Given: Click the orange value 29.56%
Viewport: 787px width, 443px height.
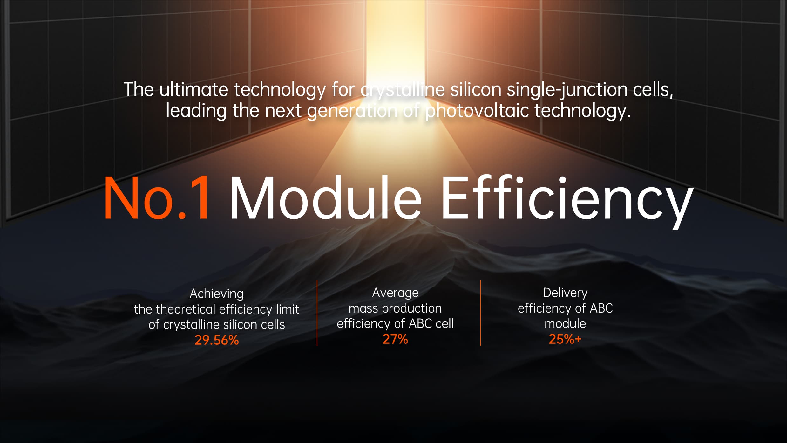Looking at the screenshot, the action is [217, 340].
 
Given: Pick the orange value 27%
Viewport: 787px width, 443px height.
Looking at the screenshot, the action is [395, 339].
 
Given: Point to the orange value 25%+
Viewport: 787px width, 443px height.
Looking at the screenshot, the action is [565, 339].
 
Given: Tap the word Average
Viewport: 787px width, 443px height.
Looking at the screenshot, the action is [395, 293].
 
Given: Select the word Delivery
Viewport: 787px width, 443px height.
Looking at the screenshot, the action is [565, 293].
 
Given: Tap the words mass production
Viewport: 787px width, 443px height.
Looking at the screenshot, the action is [395, 308].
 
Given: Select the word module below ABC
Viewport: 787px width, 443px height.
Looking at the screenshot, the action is [565, 323].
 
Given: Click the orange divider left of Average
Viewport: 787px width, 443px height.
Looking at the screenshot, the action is [317, 313].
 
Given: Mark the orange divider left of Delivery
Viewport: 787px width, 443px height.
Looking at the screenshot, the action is [481, 313].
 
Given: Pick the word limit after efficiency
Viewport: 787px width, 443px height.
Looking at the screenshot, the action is [288, 309].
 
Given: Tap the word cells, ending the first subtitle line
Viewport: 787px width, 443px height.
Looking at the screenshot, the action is [653, 90].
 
